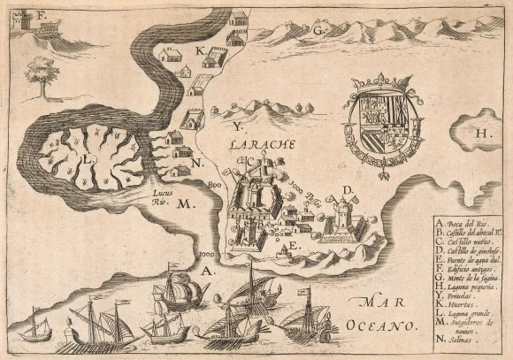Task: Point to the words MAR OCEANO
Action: click(386, 315)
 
